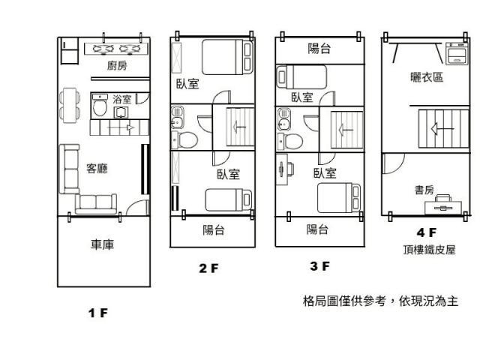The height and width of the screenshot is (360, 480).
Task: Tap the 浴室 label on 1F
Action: pos(121,98)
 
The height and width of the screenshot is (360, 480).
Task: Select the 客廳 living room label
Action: pos(97,169)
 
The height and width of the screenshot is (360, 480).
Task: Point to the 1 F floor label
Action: pos(97,313)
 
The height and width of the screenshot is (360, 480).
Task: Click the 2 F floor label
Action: pos(208,268)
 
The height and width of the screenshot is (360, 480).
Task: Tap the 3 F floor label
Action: pos(319,265)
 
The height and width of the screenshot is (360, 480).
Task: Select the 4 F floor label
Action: pos(427,233)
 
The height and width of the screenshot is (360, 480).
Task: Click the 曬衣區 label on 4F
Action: pos(426,77)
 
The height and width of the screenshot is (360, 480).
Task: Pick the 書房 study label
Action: pos(424,190)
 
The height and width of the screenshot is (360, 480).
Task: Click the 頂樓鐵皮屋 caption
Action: pos(427,249)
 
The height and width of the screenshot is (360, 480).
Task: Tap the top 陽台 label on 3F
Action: pos(320,49)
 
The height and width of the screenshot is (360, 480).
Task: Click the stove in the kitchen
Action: pos(118,49)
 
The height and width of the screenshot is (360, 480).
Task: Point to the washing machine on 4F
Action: pos(456,54)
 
